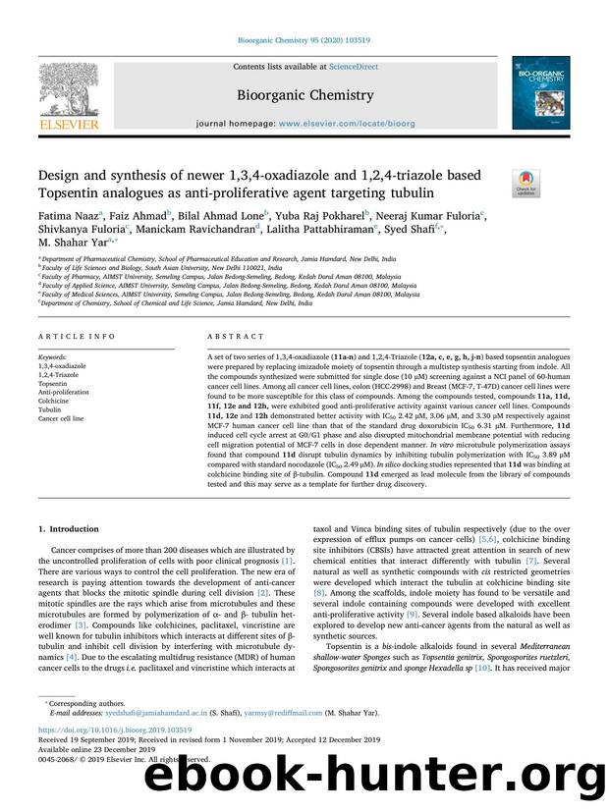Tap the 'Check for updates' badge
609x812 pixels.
point(527,182)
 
